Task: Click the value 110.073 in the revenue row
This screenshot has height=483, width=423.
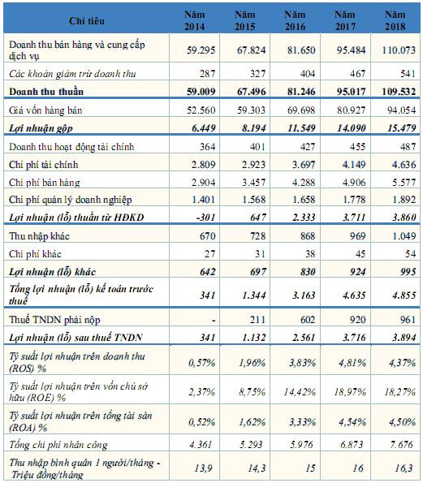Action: click(x=395, y=50)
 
